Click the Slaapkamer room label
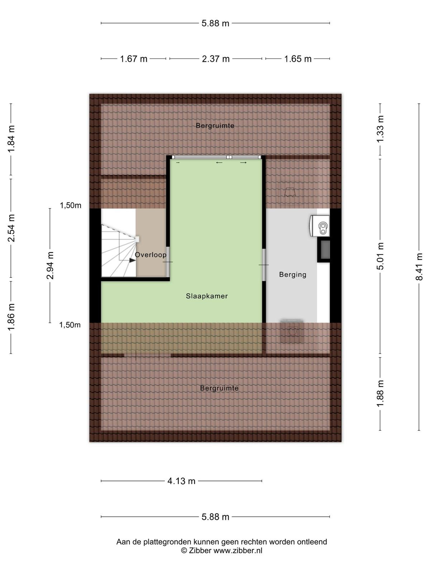click(x=206, y=296)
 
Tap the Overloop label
click(x=150, y=255)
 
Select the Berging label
click(x=292, y=275)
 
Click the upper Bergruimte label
click(x=215, y=126)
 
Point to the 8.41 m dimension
click(x=419, y=266)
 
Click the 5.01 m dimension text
click(x=381, y=256)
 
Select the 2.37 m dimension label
click(x=216, y=59)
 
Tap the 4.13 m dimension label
click(x=181, y=481)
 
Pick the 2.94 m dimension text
click(x=50, y=265)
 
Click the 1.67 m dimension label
click(x=133, y=59)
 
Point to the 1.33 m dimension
click(x=381, y=129)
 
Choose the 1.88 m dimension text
click(x=381, y=393)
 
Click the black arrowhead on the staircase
click(x=132, y=260)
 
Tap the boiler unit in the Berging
click(x=320, y=226)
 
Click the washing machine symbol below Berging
click(x=292, y=331)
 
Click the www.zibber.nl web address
click(x=238, y=550)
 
